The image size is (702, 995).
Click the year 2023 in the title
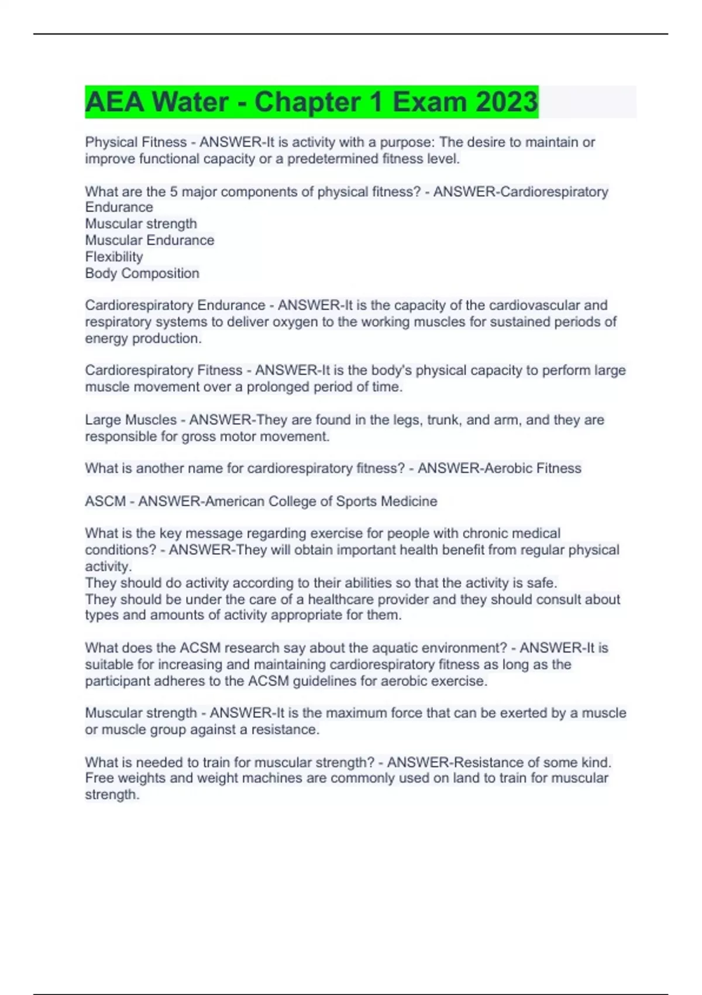coord(506,102)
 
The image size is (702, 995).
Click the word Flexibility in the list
coord(114,257)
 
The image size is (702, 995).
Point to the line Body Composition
coord(142,273)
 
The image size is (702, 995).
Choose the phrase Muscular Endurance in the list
coord(150,241)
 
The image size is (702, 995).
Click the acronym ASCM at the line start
coord(105,502)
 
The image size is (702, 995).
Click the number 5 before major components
coord(174,192)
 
